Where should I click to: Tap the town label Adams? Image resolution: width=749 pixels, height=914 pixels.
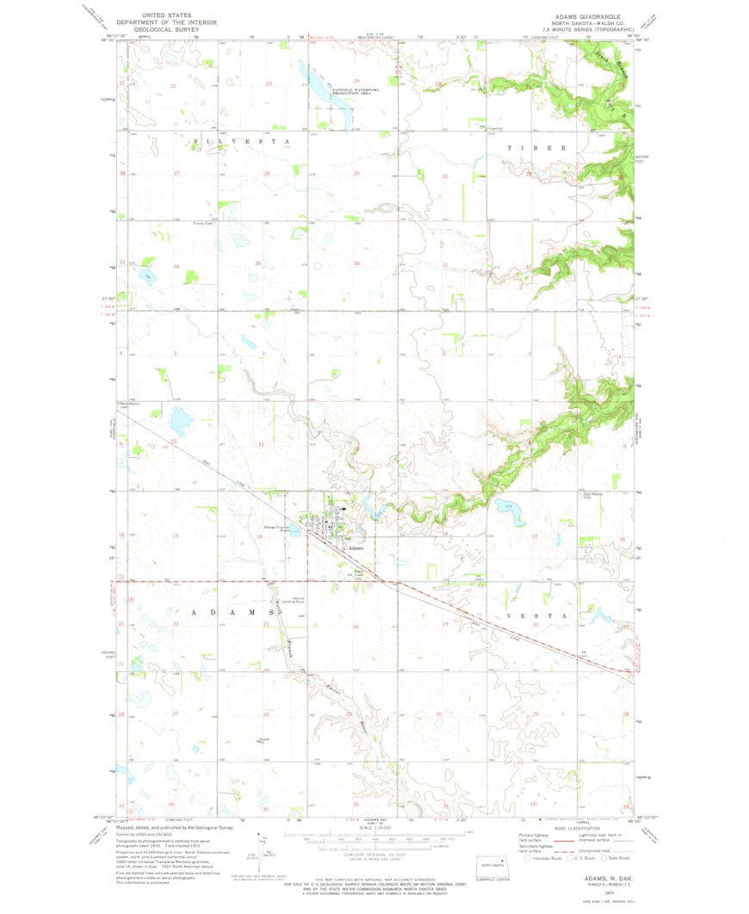[355, 547]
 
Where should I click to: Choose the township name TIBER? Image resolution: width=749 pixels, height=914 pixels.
[536, 147]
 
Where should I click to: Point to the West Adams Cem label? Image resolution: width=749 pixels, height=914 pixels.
[129, 405]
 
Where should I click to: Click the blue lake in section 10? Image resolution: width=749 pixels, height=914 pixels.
[181, 422]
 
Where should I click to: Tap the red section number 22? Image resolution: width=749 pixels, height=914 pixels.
[175, 85]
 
